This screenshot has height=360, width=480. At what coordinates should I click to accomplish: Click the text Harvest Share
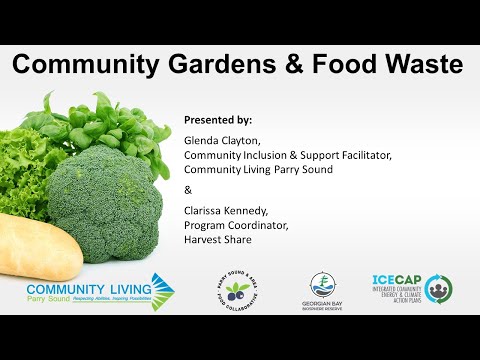(217, 239)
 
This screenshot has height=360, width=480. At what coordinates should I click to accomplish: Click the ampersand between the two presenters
(188, 190)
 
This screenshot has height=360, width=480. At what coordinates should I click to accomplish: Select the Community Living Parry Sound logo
(101, 291)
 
